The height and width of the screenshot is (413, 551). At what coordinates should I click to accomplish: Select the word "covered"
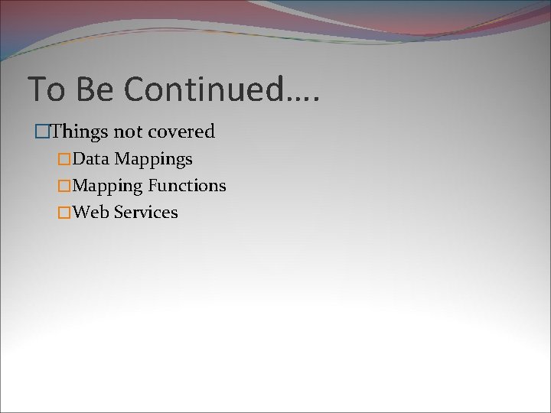click(181, 132)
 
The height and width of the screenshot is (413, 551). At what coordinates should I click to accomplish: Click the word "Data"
click(91, 159)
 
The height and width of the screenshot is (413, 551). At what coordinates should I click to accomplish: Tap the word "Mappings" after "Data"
click(154, 160)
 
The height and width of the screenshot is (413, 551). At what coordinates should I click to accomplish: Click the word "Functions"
click(187, 185)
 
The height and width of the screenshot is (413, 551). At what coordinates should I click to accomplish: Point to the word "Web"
click(91, 212)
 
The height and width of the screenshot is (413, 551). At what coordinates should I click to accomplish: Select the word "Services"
click(145, 212)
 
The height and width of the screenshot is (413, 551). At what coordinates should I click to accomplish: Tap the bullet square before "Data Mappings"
click(64, 160)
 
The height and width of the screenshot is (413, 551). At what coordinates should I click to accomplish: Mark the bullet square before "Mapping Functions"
click(64, 186)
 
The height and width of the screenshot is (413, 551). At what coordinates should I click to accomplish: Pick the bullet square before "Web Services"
click(64, 213)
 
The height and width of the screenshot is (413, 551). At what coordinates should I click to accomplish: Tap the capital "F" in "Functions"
click(152, 185)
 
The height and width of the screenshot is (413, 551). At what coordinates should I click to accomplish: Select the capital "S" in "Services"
click(119, 212)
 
